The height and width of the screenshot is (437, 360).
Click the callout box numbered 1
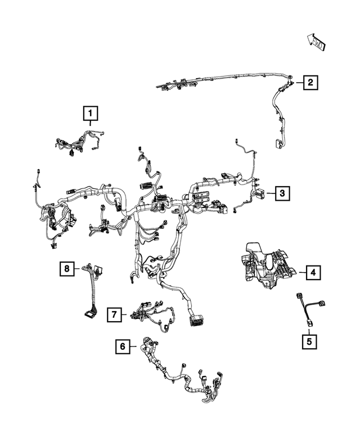(91, 113)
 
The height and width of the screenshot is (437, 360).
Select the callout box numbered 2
(310, 82)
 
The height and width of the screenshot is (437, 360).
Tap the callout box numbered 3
(282, 193)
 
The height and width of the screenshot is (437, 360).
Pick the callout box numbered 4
(313, 272)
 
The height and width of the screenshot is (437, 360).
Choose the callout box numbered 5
(309, 341)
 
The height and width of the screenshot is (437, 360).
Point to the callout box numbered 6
(123, 346)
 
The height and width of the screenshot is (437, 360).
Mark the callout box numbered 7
(114, 314)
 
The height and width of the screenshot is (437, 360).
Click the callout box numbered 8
(67, 269)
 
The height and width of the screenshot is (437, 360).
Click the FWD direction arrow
(316, 42)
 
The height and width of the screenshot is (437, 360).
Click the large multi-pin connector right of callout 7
(197, 321)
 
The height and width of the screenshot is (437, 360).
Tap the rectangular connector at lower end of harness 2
(277, 144)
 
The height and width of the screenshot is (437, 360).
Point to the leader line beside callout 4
(303, 272)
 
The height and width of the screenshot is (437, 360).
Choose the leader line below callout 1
(90, 123)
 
